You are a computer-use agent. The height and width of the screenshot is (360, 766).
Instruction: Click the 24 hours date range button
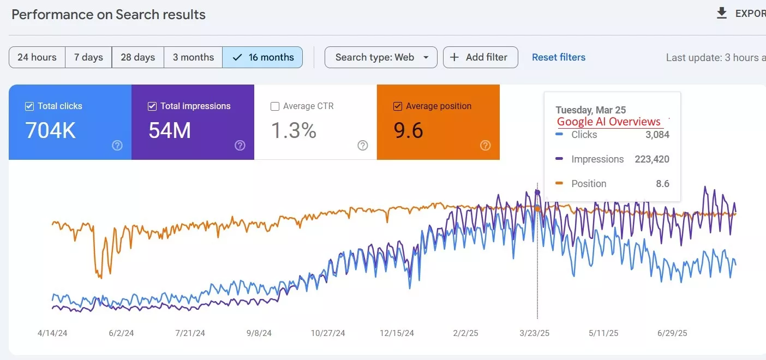(x=37, y=57)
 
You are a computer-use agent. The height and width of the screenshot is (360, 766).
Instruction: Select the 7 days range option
(x=88, y=57)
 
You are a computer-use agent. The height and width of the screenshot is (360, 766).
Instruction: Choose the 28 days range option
(x=137, y=57)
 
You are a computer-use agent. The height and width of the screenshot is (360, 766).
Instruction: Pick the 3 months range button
(x=193, y=57)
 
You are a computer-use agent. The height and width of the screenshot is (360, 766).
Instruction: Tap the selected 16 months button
(x=262, y=57)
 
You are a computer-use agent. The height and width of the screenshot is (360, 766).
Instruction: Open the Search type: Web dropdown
(x=381, y=57)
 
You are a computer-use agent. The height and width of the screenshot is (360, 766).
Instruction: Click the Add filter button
(x=480, y=57)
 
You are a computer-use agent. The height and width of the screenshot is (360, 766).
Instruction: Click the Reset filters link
(x=559, y=57)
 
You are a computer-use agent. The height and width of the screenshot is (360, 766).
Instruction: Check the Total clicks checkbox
(x=29, y=106)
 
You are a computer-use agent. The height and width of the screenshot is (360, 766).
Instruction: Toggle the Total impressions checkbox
(x=152, y=106)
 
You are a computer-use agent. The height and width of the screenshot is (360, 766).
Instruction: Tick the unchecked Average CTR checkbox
(x=275, y=106)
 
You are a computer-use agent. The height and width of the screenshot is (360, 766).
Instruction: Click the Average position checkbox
(x=398, y=106)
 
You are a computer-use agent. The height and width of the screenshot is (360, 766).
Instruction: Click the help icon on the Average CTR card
(x=362, y=145)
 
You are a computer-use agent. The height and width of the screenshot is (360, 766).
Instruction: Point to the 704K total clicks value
(x=51, y=131)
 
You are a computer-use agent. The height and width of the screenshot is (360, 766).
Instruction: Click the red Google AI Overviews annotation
(x=608, y=122)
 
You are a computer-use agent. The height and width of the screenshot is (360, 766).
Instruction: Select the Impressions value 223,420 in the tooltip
(x=651, y=159)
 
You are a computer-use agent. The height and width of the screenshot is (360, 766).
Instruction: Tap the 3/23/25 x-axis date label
(x=535, y=333)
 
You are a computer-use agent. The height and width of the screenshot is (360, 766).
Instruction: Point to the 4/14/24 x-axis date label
(x=52, y=333)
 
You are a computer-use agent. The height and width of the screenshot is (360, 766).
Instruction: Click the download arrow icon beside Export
(x=722, y=14)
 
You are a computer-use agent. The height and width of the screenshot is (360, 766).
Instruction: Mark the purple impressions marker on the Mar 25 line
(x=537, y=193)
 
